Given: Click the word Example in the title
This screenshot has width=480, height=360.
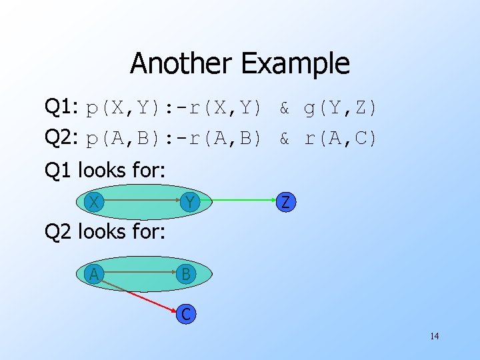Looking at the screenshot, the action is (x=295, y=64).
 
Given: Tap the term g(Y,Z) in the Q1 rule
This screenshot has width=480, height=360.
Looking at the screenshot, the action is (x=341, y=107).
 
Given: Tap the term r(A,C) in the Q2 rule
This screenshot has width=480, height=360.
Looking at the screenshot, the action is (x=341, y=139).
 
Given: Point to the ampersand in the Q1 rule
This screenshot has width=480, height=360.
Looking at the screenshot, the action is (x=284, y=107).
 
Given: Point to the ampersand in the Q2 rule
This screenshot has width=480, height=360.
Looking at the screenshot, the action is (x=284, y=139).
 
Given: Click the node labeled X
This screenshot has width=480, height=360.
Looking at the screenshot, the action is (x=96, y=201).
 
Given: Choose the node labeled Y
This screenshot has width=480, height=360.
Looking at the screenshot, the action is (x=190, y=201).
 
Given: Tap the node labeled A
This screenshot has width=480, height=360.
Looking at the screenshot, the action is (x=95, y=273).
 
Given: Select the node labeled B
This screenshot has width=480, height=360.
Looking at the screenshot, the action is (x=186, y=274).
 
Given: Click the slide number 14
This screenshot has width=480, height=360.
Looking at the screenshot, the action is (x=434, y=336).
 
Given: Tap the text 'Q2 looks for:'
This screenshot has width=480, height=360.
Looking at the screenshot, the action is (x=104, y=233).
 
